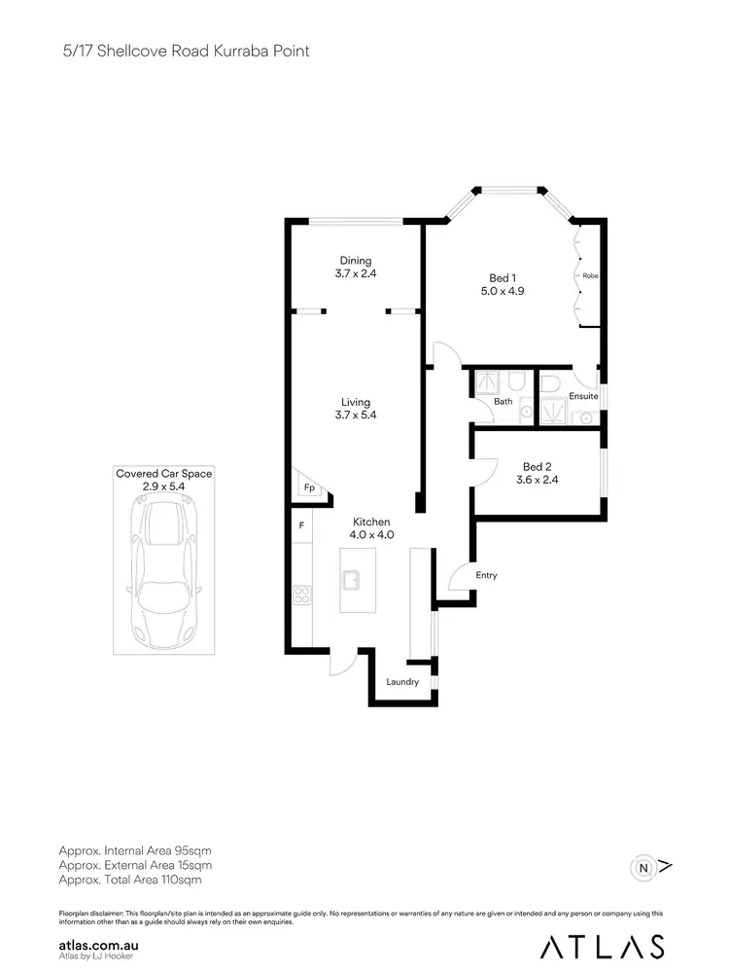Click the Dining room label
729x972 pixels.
point(356,260)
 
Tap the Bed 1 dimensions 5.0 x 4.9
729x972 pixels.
point(503,290)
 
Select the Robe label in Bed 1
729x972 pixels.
point(590,275)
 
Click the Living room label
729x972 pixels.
point(356,402)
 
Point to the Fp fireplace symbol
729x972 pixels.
point(308,487)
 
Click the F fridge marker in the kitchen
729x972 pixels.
point(301,525)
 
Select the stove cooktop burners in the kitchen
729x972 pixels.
point(301,594)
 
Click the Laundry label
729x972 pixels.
point(402,682)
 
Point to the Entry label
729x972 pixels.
point(486,575)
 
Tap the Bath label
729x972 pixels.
point(503,401)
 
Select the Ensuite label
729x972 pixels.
point(583,396)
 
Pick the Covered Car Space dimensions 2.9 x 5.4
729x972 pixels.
point(164,486)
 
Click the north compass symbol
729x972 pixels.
point(642,865)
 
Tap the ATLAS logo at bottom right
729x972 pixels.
point(603,945)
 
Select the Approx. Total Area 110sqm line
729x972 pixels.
point(130,880)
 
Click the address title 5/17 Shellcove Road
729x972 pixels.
point(186,51)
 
